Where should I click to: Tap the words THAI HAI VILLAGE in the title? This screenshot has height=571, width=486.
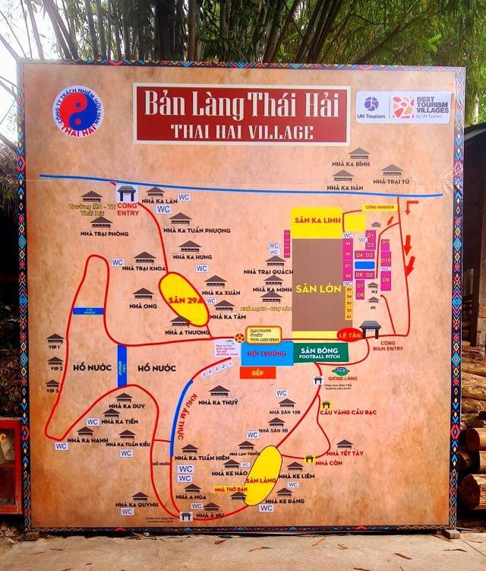[241, 130]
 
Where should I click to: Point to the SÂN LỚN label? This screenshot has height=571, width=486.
[317, 290]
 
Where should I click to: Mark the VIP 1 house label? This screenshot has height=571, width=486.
[55, 347]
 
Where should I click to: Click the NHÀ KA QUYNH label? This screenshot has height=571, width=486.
[138, 503]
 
